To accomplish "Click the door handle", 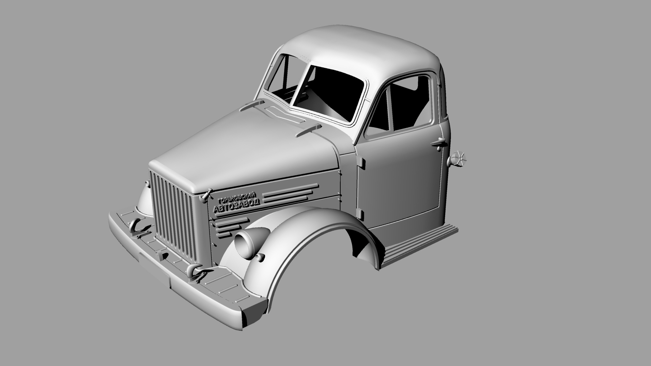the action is [439, 143].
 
